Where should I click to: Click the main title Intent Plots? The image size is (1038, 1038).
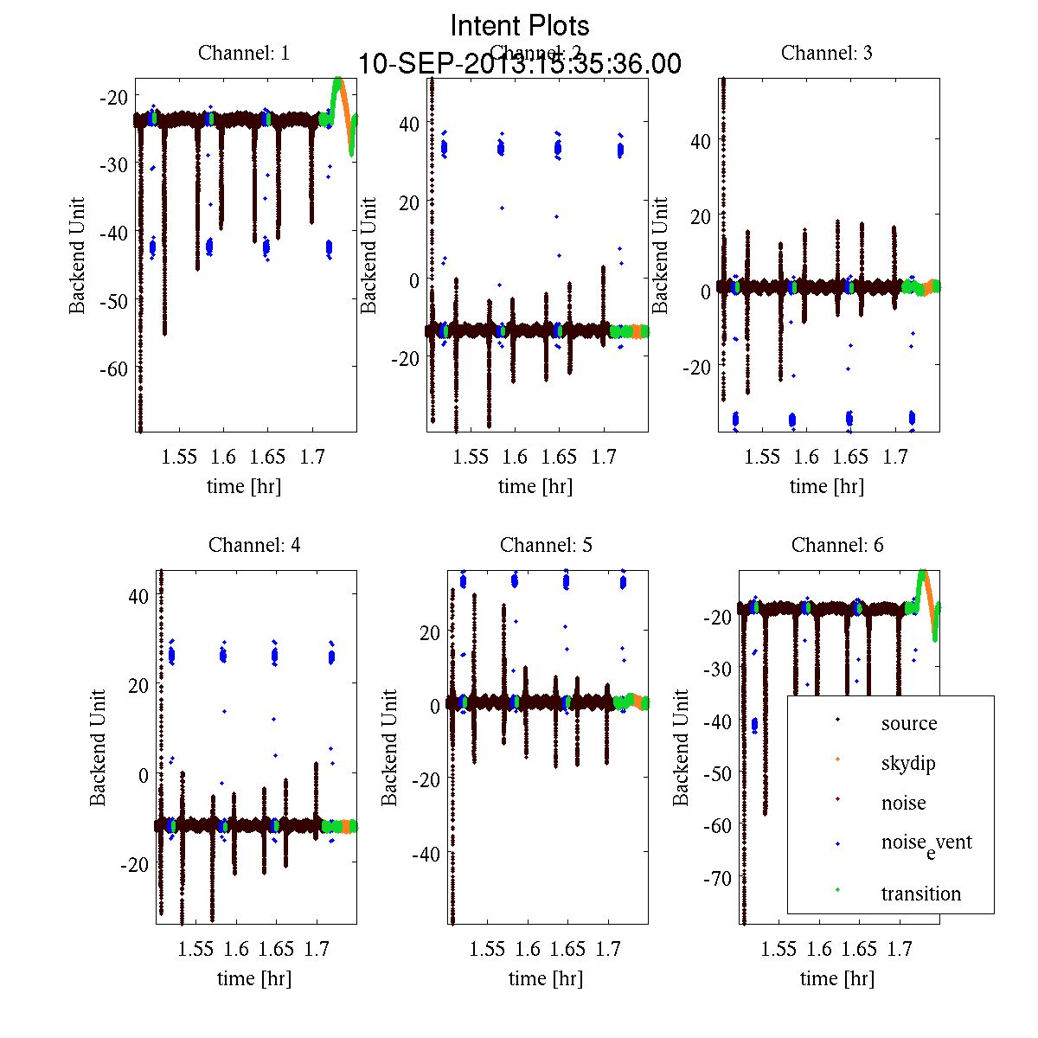coord(520,25)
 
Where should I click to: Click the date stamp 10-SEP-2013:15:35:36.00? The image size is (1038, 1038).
coord(520,64)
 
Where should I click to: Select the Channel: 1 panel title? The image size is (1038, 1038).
coord(244,53)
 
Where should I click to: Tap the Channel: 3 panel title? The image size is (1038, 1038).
coord(827,53)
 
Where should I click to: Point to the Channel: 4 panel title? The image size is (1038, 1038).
coord(254,545)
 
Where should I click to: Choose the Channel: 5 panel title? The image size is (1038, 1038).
coord(546,545)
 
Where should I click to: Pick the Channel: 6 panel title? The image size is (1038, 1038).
coord(837,545)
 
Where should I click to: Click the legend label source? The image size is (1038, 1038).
coord(909,723)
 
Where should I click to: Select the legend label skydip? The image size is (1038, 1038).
coord(908,764)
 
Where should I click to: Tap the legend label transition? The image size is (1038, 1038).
coord(921,894)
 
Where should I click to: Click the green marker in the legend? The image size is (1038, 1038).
coord(837,890)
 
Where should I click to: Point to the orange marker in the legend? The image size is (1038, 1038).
coord(837,759)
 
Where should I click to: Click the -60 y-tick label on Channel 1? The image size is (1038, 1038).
coord(112,369)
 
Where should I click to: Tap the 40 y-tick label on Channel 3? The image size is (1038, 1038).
coord(701,141)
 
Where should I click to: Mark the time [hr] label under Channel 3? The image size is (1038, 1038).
coord(827,486)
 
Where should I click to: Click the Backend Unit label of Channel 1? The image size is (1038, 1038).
coord(78,255)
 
